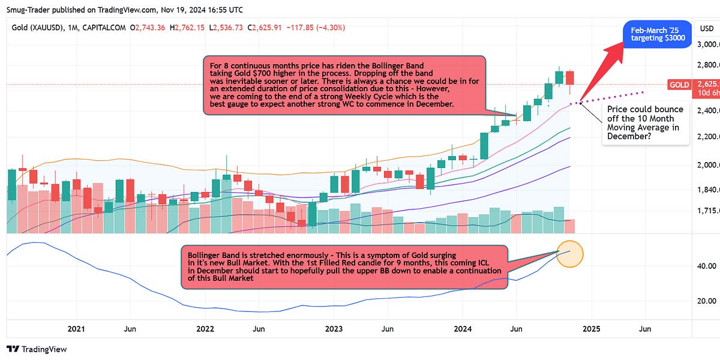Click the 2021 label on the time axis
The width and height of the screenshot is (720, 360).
pyautogui.click(x=76, y=329)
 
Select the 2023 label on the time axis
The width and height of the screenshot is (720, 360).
pyautogui.click(x=334, y=329)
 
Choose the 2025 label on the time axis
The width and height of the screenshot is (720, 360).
pyautogui.click(x=591, y=329)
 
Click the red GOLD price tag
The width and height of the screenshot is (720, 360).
pyautogui.click(x=680, y=85)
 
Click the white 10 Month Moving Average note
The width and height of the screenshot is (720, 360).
pyautogui.click(x=645, y=122)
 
